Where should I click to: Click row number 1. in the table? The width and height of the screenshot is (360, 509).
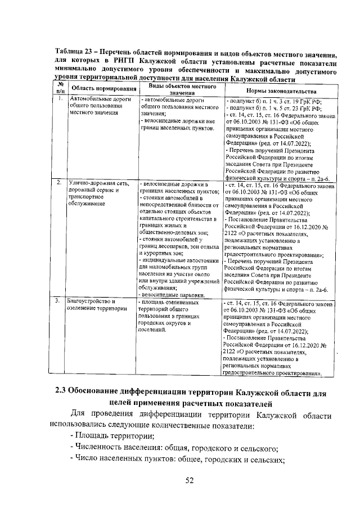tap(59, 100)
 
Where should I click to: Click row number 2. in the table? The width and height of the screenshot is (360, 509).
tap(59, 183)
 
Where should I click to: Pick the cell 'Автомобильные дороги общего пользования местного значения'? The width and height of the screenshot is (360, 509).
tap(96, 106)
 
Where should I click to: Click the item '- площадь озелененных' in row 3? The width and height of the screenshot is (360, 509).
tap(169, 302)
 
